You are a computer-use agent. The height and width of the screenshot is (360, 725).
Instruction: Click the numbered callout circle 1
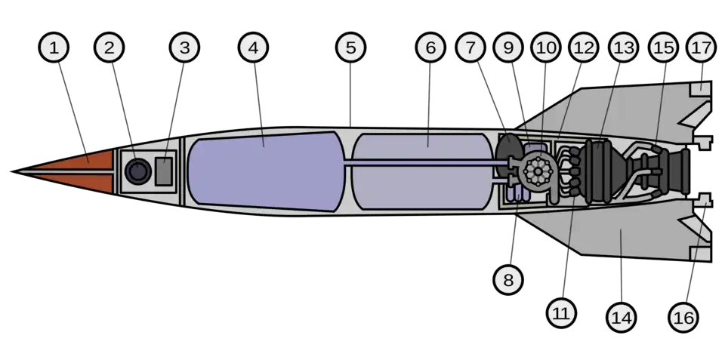(53, 48)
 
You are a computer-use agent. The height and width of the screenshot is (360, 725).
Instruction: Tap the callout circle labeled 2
(110, 48)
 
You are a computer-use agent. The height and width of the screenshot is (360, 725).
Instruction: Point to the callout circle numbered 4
(253, 48)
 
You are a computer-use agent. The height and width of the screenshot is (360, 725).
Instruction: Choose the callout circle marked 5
(351, 48)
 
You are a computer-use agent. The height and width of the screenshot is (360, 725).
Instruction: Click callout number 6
(430, 48)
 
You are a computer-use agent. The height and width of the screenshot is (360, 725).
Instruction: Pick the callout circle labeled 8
(508, 280)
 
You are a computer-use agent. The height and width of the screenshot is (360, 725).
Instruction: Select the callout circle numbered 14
(621, 318)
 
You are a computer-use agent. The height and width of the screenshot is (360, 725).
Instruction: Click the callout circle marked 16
(683, 318)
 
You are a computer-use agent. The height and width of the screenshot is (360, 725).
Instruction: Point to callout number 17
(701, 48)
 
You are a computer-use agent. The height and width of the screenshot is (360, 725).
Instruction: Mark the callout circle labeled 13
(623, 48)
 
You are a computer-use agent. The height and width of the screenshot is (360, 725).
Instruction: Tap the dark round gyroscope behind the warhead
(138, 171)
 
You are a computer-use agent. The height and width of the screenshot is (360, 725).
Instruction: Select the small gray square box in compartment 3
(165, 171)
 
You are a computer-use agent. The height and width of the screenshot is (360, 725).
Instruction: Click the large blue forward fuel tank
(264, 170)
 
